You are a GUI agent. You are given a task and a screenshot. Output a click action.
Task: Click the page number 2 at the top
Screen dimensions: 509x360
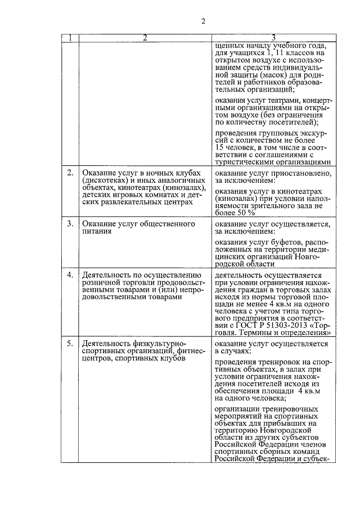pos(204,21)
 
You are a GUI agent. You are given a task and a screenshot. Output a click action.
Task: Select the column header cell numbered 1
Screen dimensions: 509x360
pos(70,39)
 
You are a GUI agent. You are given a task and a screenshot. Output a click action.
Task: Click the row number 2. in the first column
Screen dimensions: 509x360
pos(70,173)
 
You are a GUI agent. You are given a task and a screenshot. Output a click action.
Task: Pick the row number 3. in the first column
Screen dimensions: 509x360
pos(70,224)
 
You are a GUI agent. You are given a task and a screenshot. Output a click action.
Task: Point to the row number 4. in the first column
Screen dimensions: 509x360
pos(70,275)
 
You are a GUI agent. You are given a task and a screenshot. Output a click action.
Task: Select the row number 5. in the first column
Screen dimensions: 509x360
pos(70,343)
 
